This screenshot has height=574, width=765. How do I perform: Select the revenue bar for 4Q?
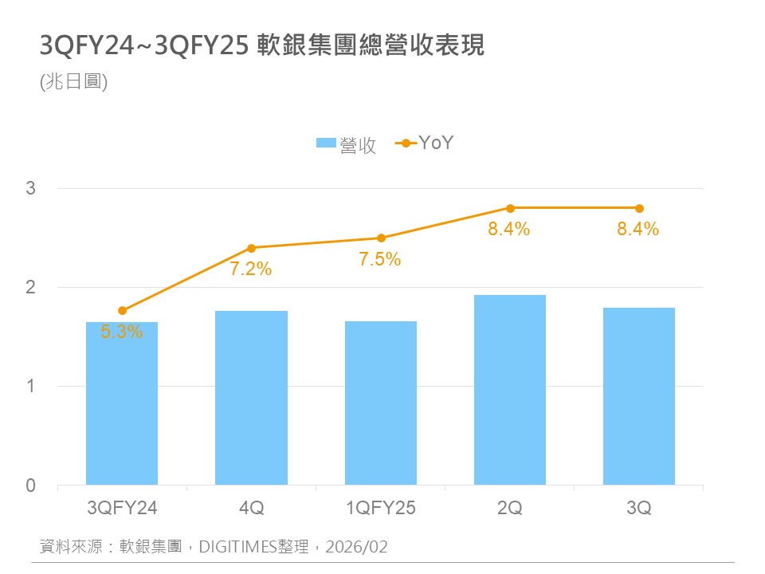[251, 398]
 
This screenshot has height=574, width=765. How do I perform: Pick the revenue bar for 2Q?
[510, 390]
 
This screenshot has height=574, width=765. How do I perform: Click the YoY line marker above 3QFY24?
[122, 310]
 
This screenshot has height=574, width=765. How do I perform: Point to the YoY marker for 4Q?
[251, 248]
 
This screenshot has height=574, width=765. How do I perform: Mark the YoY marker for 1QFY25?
[381, 238]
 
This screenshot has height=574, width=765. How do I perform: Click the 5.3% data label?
[122, 332]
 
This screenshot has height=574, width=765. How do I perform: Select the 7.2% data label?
[251, 269]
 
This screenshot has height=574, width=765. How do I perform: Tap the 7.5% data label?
[380, 259]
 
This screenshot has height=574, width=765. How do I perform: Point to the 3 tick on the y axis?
[30, 189]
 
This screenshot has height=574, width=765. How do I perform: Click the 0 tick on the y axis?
[30, 486]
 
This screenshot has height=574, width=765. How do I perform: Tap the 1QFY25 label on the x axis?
[380, 508]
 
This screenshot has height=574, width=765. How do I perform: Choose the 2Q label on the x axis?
[510, 508]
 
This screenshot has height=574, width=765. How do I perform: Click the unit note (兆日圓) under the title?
[73, 81]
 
